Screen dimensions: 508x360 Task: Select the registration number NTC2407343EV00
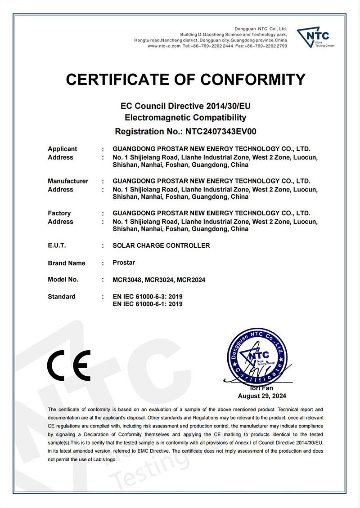(218, 132)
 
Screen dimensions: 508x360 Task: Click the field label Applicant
(62, 149)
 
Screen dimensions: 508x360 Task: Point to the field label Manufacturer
(68, 181)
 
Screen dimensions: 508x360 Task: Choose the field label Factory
(59, 213)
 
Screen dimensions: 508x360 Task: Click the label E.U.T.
(57, 245)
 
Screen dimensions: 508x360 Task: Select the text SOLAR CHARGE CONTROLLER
(161, 245)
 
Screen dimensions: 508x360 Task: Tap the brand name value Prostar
(124, 262)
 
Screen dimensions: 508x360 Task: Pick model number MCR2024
(191, 280)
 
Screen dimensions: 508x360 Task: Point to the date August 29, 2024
(262, 396)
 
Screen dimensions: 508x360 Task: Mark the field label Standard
(61, 297)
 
